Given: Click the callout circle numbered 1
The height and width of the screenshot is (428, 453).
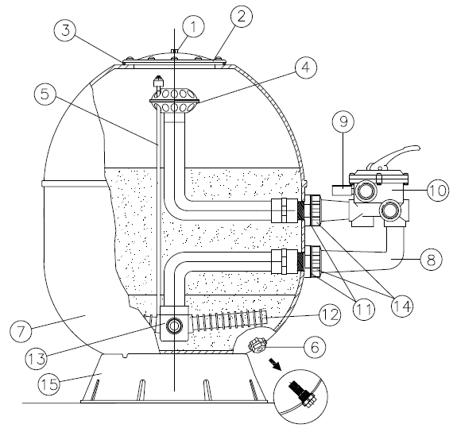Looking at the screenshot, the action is (x=194, y=26).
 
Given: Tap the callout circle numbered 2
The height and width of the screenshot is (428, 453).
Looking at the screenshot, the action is (x=242, y=17).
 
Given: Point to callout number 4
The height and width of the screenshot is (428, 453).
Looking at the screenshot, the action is (x=306, y=67).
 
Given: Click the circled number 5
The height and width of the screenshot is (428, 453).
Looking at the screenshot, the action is (x=45, y=94).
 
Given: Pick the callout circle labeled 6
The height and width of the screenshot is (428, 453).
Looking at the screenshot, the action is (x=315, y=347).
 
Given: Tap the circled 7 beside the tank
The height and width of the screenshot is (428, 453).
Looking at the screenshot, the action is (x=21, y=331).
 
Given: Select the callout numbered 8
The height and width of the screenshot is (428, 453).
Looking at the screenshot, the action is (x=431, y=259).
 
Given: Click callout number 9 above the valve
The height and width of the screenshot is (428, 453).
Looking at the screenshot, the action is (x=343, y=121).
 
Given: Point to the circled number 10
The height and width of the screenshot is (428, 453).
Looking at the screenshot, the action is (x=438, y=191).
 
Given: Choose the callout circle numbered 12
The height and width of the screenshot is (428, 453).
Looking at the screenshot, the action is (x=330, y=315).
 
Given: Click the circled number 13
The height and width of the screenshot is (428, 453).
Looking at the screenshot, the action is (x=37, y=359).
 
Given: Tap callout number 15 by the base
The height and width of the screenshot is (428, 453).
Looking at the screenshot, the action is (x=49, y=384).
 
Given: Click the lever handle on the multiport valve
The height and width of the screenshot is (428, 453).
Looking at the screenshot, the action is (x=393, y=157).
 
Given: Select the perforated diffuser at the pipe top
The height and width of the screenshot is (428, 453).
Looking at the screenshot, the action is (x=174, y=100).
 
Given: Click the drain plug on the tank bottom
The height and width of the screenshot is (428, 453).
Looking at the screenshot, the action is (x=257, y=345).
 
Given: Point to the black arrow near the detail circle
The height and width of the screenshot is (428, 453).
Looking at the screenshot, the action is (x=275, y=364).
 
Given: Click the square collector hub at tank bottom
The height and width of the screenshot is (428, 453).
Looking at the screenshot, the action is (x=174, y=323).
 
